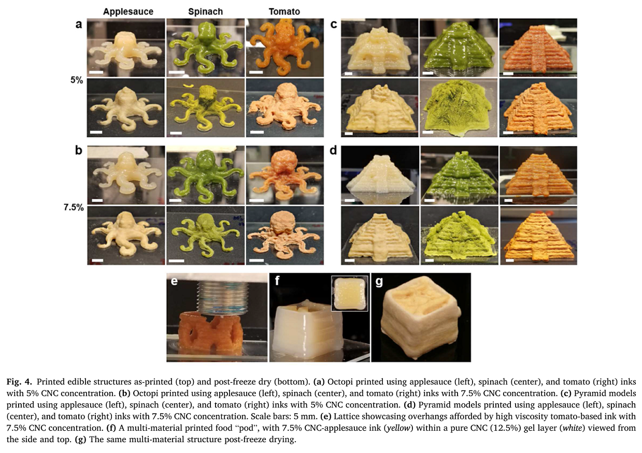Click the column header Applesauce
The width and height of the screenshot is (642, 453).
pos(128,11)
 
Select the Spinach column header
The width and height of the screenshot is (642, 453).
pos(205,11)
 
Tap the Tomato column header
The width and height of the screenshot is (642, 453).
pos(284,11)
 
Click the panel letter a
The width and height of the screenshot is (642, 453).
pos(79,25)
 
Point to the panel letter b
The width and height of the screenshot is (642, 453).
pos(79,150)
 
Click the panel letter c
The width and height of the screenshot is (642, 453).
pos(334,25)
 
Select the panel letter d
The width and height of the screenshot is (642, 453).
pos(333,150)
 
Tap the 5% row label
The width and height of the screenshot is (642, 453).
pos(77,80)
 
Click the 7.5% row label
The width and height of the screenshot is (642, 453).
pos(74,207)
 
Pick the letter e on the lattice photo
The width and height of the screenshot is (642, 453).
pos(174,282)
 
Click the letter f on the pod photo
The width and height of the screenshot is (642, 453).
pos(277,281)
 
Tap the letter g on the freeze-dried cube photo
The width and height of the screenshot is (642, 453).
pos(379,282)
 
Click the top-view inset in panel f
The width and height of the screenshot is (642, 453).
pos(349,294)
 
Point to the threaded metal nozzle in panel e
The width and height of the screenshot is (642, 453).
pos(222,298)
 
